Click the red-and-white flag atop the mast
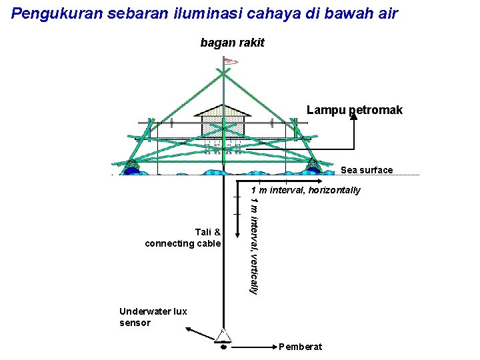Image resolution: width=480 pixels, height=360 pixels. pyautogui.click(x=231, y=62)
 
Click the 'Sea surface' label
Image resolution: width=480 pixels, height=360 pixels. pyautogui.click(x=367, y=170)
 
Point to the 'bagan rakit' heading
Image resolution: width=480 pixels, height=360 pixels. pyautogui.click(x=232, y=43)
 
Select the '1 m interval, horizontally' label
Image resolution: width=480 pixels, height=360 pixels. pyautogui.click(x=305, y=190)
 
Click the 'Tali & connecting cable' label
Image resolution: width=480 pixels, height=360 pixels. pyautogui.click(x=183, y=237)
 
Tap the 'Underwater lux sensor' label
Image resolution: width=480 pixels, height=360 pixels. pyautogui.click(x=143, y=317)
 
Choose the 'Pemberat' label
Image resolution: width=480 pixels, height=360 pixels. pyautogui.click(x=301, y=347)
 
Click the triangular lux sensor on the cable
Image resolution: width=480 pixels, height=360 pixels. pyautogui.click(x=223, y=335)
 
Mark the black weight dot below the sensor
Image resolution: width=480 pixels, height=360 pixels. pyautogui.click(x=223, y=347)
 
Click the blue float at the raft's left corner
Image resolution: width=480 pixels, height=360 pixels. pyautogui.click(x=131, y=170)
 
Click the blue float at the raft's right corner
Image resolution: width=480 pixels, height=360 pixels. pyautogui.click(x=313, y=169)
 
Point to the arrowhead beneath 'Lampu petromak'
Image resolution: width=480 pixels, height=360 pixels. pyautogui.click(x=353, y=114)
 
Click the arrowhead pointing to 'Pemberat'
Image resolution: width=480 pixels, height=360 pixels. pyautogui.click(x=273, y=347)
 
